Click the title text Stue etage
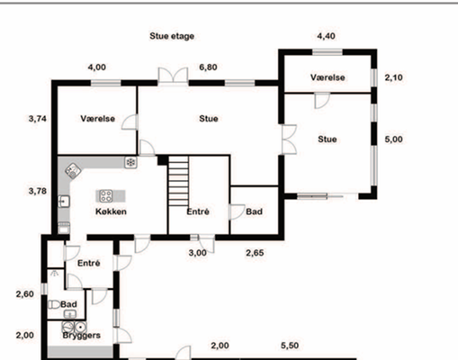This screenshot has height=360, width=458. pos(172,36)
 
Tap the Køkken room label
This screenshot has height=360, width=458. pos(111,211)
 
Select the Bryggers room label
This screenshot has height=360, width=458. pos(81,335)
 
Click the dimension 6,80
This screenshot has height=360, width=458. pos(208,67)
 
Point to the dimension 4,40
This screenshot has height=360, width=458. pos(326,36)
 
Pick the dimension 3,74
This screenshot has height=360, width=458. pos(38,119)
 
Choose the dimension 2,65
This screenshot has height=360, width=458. pos(255,253)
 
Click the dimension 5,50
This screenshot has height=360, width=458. pos(290,346)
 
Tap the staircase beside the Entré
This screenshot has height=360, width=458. pos(178,181)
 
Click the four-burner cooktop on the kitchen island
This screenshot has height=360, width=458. pos(106,196)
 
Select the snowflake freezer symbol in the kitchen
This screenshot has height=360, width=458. pos(130,162)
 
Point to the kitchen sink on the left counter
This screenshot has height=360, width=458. pos(64,202)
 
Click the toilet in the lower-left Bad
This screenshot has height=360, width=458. pos(54,305)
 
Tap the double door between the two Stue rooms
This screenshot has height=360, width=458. pos(290,139)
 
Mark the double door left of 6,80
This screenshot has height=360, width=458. pos(173,75)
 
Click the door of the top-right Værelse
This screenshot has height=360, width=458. pos(322,101)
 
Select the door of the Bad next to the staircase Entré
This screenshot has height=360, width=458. pos(237,212)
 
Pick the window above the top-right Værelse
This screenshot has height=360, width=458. pos(328,52)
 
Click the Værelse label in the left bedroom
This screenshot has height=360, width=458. pos(98,119)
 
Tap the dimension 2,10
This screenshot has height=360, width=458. pos(393,77)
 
